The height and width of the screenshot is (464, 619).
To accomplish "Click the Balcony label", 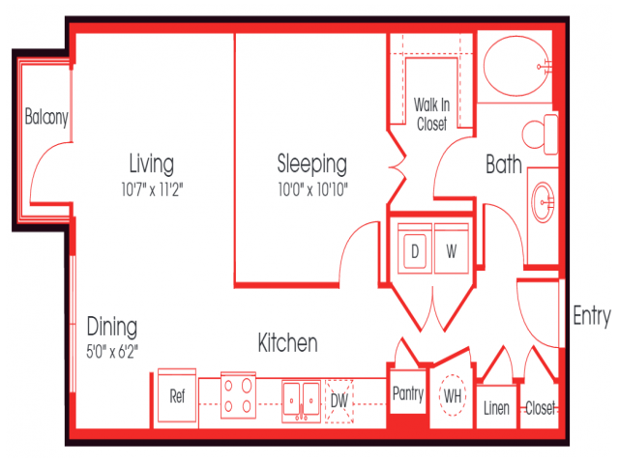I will [x=45, y=118].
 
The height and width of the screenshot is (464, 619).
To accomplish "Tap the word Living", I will [x=152, y=161].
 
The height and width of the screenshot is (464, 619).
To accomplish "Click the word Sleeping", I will [x=311, y=162].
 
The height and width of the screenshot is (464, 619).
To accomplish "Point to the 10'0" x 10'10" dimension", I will [x=311, y=188].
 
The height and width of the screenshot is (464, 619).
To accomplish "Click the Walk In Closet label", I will [x=431, y=113].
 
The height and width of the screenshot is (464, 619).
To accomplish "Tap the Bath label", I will [x=503, y=165].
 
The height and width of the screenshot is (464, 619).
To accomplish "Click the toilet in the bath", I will [x=539, y=134].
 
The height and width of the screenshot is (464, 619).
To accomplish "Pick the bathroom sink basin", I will [x=544, y=202].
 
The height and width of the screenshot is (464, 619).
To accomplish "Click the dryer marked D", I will [x=416, y=250].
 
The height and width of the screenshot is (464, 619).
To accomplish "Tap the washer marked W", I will [x=451, y=250].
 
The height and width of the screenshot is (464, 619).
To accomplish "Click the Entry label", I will [x=591, y=316].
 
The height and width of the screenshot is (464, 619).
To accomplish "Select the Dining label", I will [x=111, y=326].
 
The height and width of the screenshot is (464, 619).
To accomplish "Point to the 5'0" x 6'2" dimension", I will [x=113, y=351].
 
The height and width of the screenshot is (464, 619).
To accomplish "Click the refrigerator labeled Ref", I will [x=177, y=396].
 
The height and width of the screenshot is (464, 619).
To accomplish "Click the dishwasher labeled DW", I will [x=339, y=397].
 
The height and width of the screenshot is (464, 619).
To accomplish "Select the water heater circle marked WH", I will [x=452, y=395].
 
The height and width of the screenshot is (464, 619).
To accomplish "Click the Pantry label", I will [x=408, y=393].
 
